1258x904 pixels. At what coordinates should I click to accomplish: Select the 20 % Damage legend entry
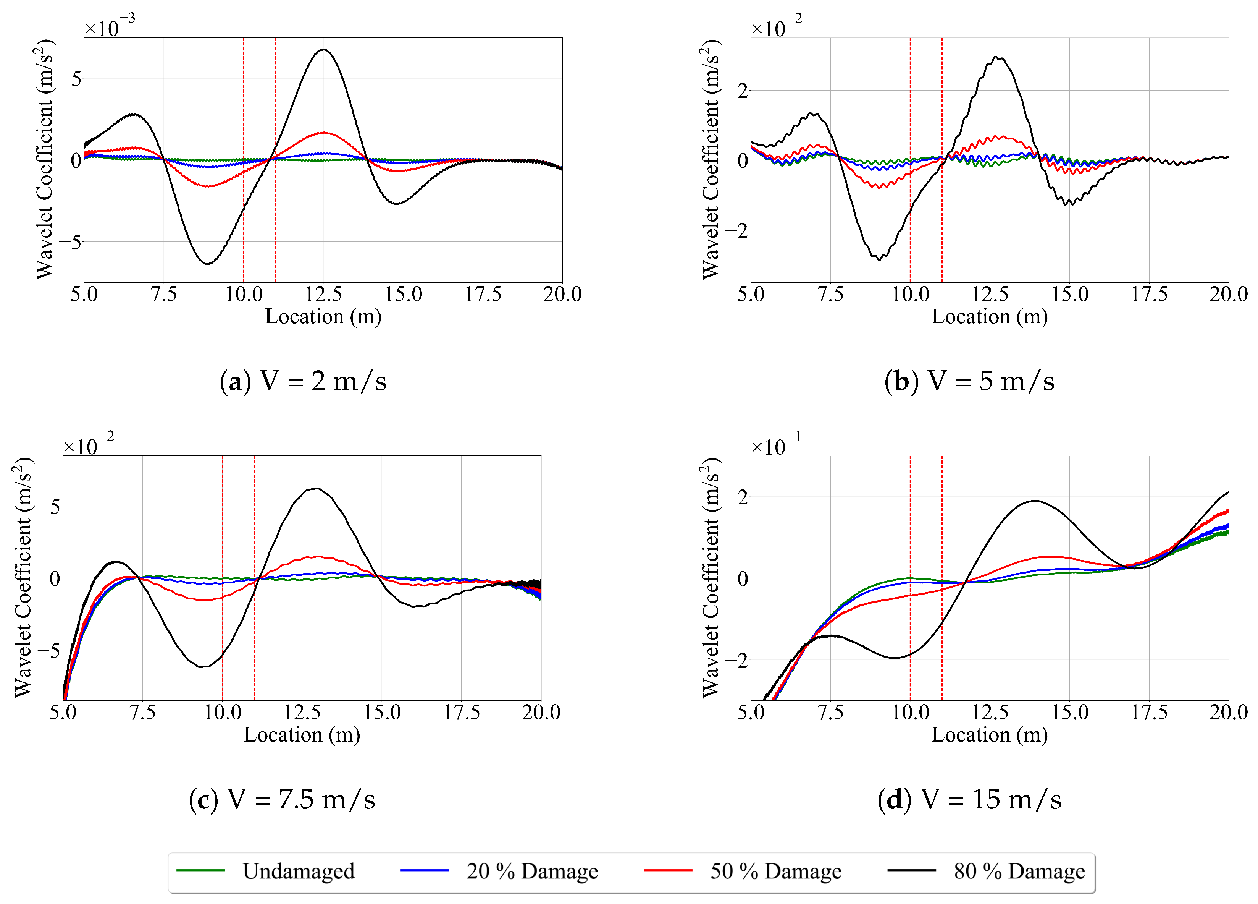pos(531,871)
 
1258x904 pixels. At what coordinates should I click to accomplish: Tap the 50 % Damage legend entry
pos(775,871)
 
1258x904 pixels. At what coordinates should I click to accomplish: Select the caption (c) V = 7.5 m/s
pos(282,800)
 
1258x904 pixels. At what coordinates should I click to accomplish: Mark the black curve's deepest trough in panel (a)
pos(208,264)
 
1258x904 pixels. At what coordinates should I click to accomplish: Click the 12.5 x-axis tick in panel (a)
pos(323,294)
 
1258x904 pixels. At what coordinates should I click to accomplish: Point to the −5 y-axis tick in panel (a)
pos(70,242)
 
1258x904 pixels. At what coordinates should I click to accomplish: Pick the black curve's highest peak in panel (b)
pos(997,57)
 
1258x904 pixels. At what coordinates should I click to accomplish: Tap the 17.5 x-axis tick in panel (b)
pos(1149,294)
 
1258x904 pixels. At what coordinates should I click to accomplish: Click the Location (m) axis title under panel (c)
pos(302,735)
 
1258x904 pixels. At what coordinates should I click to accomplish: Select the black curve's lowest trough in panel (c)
pos(203,666)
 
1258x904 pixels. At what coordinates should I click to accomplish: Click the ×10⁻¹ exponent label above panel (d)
pos(776,445)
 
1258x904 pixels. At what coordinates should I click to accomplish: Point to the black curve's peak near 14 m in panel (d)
pos(1035,501)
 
